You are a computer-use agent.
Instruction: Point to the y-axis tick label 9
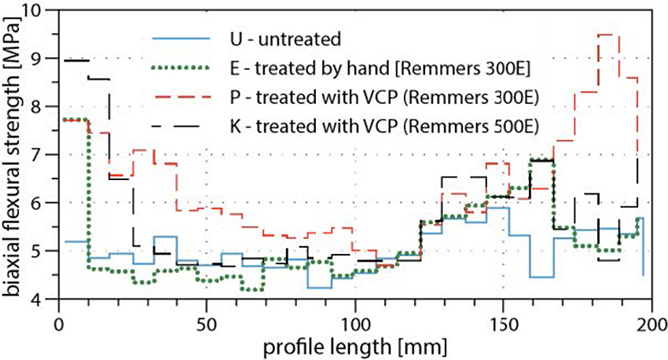42,58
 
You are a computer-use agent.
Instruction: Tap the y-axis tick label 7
42,155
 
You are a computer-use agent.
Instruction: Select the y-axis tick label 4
42,299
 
